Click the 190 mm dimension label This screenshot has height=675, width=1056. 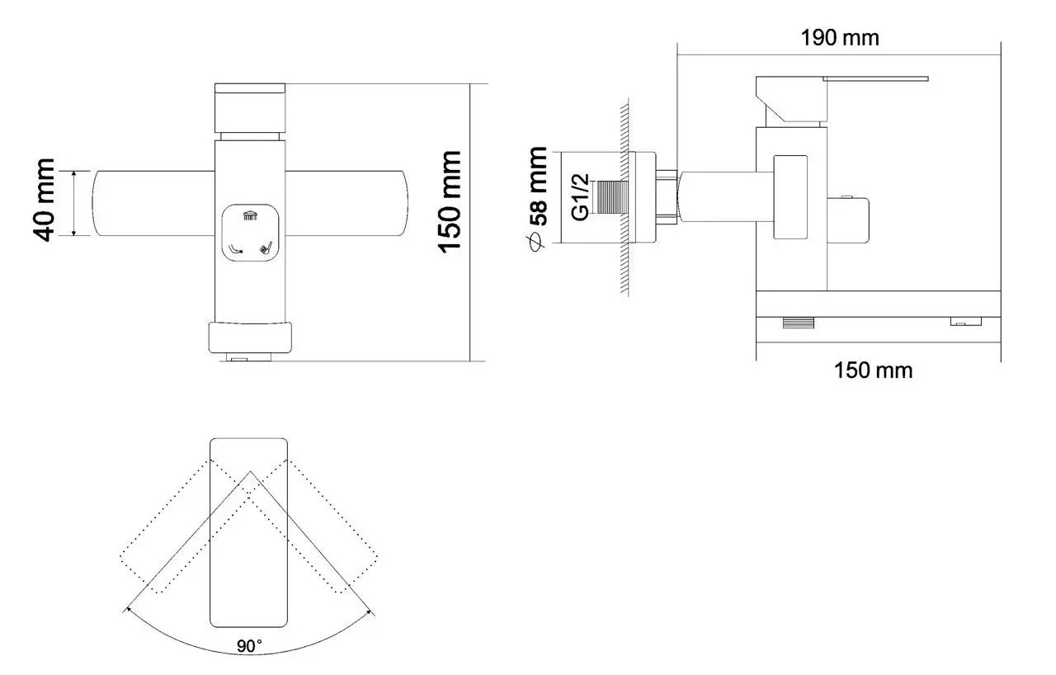click(x=840, y=38)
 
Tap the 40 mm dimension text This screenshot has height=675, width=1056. click(x=44, y=200)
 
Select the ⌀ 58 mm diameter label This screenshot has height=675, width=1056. click(x=537, y=199)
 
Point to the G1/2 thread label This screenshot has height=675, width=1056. click(x=580, y=196)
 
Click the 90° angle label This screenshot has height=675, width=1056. click(x=249, y=646)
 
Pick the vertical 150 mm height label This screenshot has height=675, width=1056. click(x=450, y=202)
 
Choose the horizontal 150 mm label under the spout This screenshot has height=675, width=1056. click(x=873, y=371)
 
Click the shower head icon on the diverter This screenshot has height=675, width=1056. click(x=250, y=216)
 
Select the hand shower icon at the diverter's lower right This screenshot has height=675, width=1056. click(x=266, y=248)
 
